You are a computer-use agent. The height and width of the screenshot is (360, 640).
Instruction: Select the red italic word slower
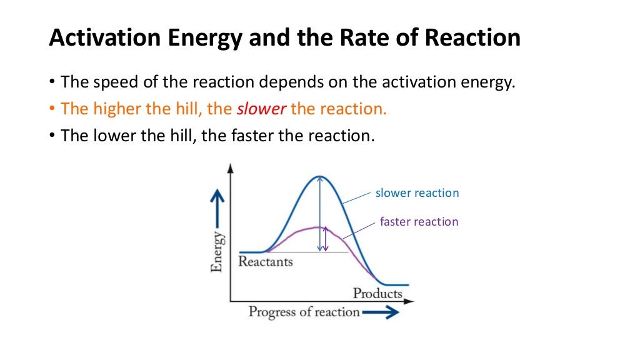pos(262,109)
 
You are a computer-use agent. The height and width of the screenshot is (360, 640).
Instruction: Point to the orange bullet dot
pos(52,109)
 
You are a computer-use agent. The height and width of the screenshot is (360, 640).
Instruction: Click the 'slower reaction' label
pos(417,193)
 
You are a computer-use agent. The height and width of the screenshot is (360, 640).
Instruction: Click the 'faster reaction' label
pos(419,222)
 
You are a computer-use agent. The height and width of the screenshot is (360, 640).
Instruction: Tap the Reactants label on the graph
pos(265,261)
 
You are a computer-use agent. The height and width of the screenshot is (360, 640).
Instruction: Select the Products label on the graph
pos(377,293)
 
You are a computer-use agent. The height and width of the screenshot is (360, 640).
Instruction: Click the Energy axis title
pos(217,251)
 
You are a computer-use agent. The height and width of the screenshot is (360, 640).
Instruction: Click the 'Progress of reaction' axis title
pos(304,311)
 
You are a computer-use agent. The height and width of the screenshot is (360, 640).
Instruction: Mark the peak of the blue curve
pos(319,177)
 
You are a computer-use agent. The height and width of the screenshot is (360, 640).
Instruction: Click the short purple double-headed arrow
pos(326,239)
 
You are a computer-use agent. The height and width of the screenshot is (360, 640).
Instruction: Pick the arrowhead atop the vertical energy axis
pos(231,168)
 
